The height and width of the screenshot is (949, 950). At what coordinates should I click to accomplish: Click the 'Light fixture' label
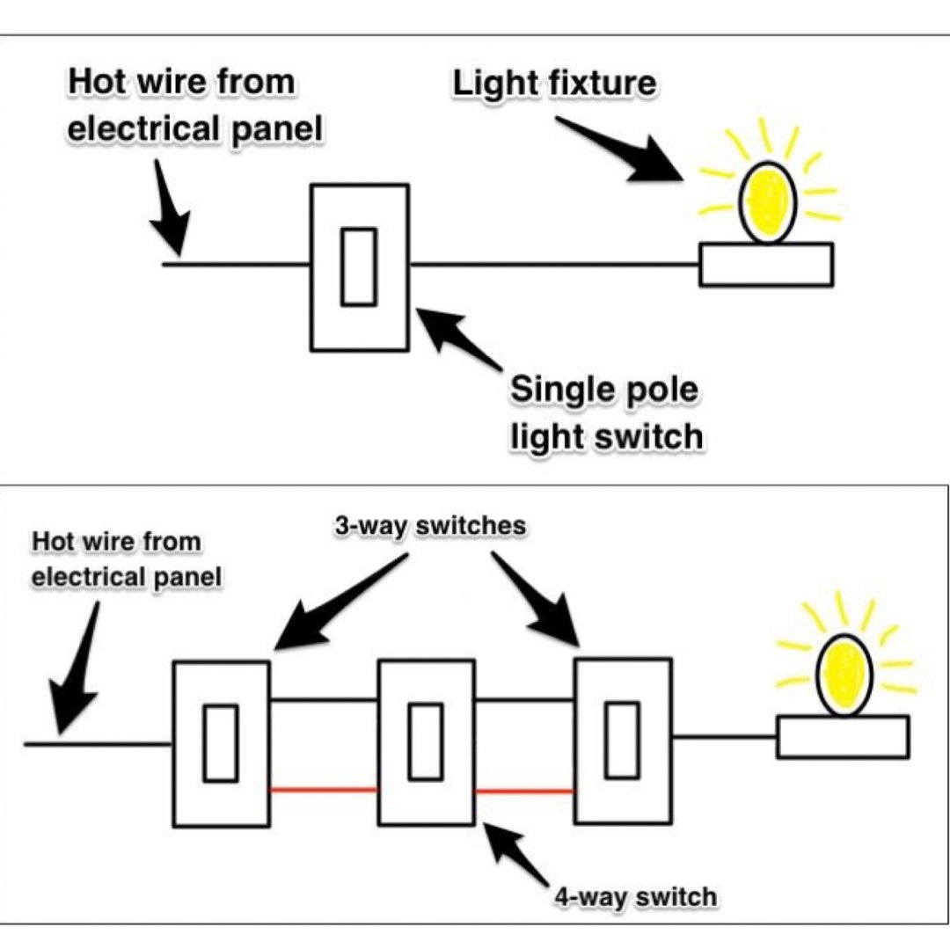(554, 83)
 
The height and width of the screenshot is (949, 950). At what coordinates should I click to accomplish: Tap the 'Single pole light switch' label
(607, 412)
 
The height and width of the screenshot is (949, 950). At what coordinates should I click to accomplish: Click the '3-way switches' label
(429, 526)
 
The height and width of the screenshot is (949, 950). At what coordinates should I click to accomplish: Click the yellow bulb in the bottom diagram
(844, 675)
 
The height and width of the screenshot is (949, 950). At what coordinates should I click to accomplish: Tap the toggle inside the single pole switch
(359, 266)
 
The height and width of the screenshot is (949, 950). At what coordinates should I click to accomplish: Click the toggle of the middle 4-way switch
(426, 741)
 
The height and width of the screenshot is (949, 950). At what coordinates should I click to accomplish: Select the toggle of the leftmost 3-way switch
(220, 743)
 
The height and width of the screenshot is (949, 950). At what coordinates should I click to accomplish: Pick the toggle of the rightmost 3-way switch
(623, 740)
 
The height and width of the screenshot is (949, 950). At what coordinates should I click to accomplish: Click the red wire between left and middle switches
(323, 791)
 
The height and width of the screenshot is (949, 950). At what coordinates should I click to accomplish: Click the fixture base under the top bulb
(765, 265)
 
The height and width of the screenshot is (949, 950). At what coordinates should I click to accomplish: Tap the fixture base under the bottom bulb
(842, 737)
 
